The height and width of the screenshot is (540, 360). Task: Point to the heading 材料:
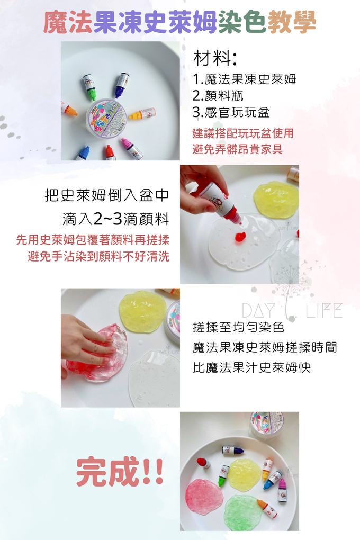pos(214,58)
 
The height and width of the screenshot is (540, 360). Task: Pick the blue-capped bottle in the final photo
pos(272,480)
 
